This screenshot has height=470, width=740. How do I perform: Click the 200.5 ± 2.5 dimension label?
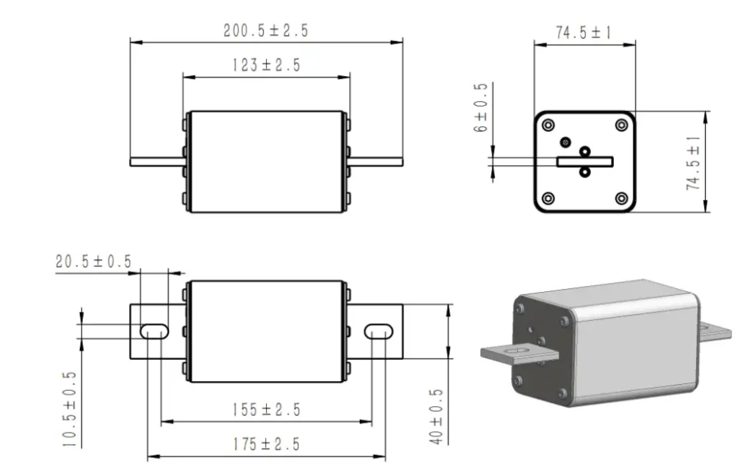(x=266, y=31)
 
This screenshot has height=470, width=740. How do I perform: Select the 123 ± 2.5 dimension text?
(x=266, y=65)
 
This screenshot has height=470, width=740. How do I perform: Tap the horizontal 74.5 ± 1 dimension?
(x=584, y=33)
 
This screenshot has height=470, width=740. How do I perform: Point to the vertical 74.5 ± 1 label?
(x=693, y=163)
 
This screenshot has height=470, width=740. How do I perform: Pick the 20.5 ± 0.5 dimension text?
(x=93, y=262)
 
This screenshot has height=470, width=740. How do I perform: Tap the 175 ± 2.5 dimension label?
(x=266, y=444)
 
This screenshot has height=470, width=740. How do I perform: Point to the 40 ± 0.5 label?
(x=436, y=417)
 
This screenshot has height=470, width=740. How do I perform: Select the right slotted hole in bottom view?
(x=378, y=331)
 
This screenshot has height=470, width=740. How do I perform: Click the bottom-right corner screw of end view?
(x=621, y=198)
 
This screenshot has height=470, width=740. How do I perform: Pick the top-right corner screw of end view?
(x=621, y=125)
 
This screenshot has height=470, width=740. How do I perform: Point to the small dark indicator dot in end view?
(x=565, y=141)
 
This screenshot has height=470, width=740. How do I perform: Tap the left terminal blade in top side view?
(x=157, y=161)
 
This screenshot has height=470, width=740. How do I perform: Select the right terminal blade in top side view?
(x=376, y=161)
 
